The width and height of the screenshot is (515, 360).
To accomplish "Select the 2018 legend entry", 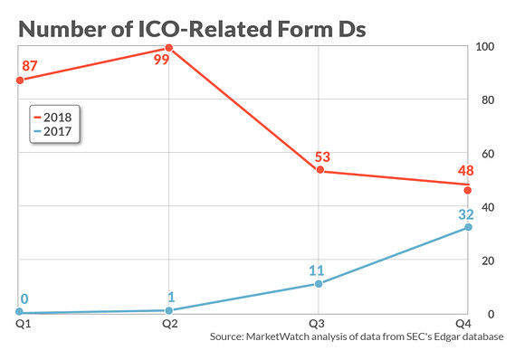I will click(56, 116).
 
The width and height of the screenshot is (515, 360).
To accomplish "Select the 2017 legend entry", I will click(56, 132).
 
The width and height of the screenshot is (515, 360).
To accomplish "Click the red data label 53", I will click(322, 156).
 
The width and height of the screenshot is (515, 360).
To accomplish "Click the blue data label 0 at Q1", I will click(24, 298).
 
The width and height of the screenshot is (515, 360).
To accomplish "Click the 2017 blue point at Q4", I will click(468, 227).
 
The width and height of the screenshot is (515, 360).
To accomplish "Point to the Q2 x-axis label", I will click(168, 322).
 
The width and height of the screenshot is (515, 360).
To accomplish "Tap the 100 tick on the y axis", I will click(485, 46).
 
